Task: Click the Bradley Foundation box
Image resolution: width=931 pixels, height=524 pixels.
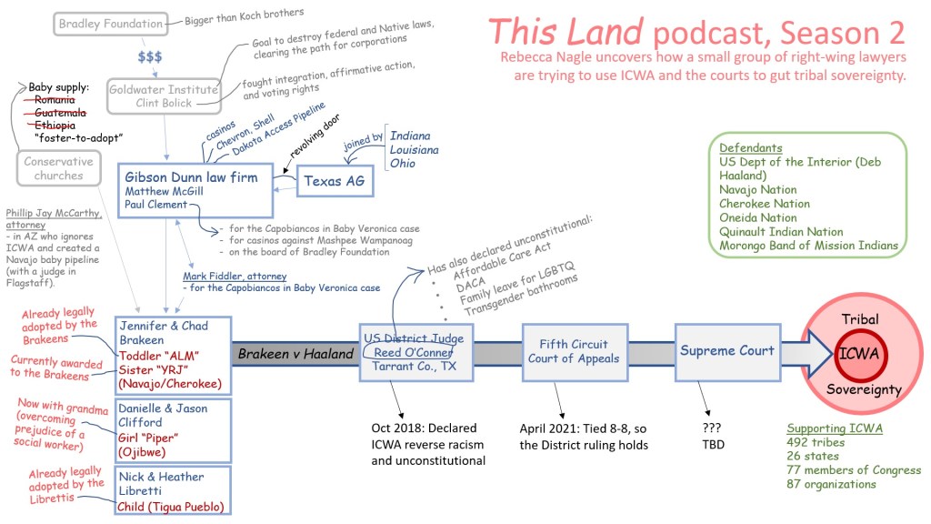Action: click(x=110, y=25)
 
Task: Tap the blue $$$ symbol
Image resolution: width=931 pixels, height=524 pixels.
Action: click(x=151, y=56)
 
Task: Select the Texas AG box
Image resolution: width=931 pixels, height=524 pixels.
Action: click(x=335, y=182)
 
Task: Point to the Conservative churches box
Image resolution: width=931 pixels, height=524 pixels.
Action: click(x=59, y=169)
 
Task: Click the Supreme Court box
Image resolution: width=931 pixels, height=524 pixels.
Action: click(x=727, y=350)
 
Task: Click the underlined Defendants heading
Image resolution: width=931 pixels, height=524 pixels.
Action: click(x=750, y=148)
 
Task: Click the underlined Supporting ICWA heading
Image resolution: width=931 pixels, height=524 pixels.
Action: click(x=828, y=428)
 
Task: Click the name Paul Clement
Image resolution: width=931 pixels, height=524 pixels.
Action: click(x=156, y=205)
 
